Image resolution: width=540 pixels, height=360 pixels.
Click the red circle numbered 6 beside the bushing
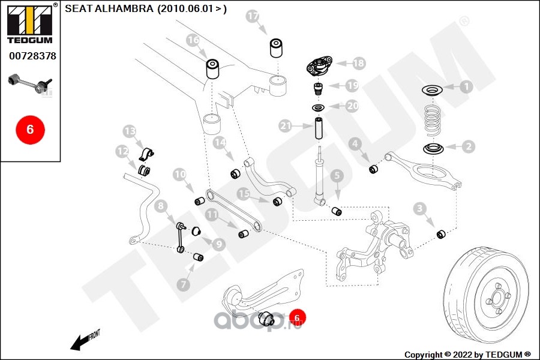(x=297, y=317)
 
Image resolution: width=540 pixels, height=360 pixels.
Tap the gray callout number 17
(x=253, y=16)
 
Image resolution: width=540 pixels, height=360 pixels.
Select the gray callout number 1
(x=466, y=86)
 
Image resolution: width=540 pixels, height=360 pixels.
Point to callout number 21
(x=286, y=126)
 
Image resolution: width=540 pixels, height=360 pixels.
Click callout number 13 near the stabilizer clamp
(x=130, y=131)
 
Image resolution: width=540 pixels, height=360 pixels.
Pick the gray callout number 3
(x=419, y=208)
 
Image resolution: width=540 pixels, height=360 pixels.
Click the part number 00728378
(x=33, y=56)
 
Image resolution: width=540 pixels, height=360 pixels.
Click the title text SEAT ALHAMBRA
(x=109, y=8)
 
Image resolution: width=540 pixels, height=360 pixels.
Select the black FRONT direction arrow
(x=85, y=340)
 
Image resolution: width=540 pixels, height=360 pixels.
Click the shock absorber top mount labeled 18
(x=320, y=67)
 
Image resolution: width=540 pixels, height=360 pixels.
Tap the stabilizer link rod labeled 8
(x=181, y=237)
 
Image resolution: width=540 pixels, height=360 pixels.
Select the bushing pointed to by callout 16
(x=213, y=69)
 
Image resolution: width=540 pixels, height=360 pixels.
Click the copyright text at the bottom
(x=467, y=355)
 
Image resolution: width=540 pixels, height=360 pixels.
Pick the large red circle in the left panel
(x=31, y=130)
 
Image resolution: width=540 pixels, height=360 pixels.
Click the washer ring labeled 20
(x=318, y=108)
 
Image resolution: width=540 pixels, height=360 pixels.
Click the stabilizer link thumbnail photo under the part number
(x=31, y=84)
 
